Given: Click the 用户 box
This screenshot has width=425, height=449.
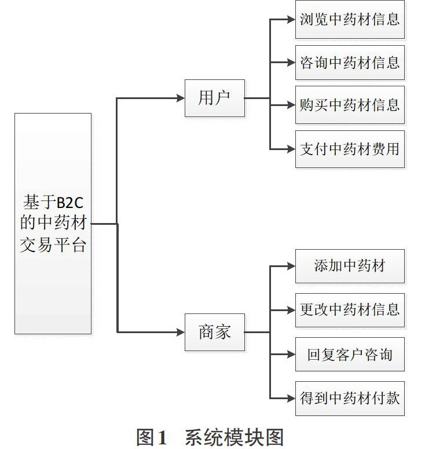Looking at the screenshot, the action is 215,98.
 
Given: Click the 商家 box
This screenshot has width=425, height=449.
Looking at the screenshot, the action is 215,332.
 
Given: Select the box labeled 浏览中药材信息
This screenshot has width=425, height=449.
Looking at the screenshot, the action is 350,20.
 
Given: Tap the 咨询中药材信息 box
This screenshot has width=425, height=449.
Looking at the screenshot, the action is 350,63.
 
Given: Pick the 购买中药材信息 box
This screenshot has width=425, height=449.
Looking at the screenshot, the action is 350,105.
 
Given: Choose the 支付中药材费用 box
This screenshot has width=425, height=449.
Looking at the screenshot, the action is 350,149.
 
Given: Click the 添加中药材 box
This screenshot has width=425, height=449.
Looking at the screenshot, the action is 350,266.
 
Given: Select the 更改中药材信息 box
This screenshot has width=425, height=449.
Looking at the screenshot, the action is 350,310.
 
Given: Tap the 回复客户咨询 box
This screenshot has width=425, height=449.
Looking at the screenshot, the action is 350,354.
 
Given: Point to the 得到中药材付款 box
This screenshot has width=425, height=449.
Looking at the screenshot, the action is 350,399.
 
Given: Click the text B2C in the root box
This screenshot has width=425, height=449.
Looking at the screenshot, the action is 70,203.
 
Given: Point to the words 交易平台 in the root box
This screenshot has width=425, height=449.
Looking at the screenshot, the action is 53,245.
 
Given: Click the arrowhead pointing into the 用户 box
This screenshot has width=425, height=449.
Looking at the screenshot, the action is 181,98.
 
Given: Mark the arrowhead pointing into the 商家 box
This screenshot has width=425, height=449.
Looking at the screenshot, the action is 181,332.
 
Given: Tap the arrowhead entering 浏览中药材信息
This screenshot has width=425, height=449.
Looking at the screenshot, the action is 291,20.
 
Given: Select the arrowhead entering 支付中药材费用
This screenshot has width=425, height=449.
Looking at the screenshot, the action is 291,149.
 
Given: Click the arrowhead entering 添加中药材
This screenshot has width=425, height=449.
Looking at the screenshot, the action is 291,267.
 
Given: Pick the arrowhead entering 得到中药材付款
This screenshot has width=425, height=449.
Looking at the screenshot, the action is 291,399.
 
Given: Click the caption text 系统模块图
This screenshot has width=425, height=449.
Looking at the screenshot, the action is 234,437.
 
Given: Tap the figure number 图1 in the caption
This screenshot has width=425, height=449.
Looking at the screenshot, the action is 151,437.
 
